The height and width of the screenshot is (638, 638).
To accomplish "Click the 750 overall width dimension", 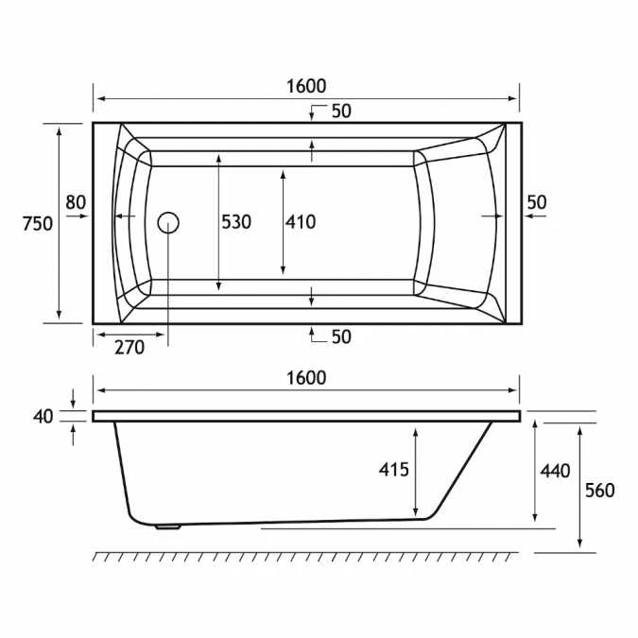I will pos(37,223).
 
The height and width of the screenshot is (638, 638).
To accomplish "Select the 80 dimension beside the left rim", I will pos(76,201).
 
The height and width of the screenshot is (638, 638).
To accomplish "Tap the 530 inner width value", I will pos(236,222).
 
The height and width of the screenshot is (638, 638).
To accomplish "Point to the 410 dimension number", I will pos(301,222).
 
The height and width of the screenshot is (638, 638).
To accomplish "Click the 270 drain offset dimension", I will pos(129,347).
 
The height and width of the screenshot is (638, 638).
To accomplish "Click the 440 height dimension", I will pos(555,470).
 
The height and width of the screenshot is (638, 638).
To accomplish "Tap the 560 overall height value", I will pos(599,490).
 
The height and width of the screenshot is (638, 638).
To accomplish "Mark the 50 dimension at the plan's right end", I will pos(536,201).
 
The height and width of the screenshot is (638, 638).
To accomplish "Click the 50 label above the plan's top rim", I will pos(340,112).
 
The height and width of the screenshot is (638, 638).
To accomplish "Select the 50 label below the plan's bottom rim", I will pos(340,336).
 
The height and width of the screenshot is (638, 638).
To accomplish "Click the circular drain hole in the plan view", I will pos(168,223).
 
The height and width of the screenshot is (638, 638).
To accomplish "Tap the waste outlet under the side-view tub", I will pos(168,527).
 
